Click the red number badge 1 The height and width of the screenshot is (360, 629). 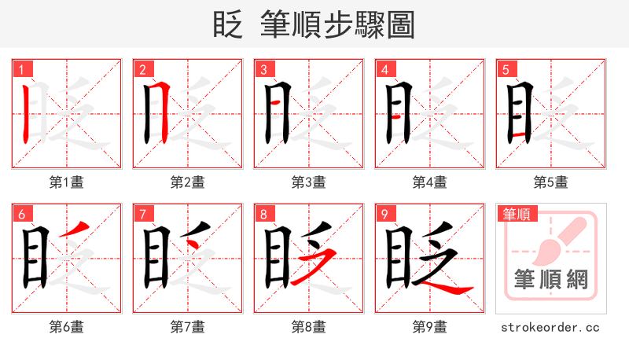coord(20,69)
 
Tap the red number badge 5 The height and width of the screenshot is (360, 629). coord(504,69)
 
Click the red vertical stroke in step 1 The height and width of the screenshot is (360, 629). coord(26,113)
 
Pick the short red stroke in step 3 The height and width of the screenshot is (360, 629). coord(274,102)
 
